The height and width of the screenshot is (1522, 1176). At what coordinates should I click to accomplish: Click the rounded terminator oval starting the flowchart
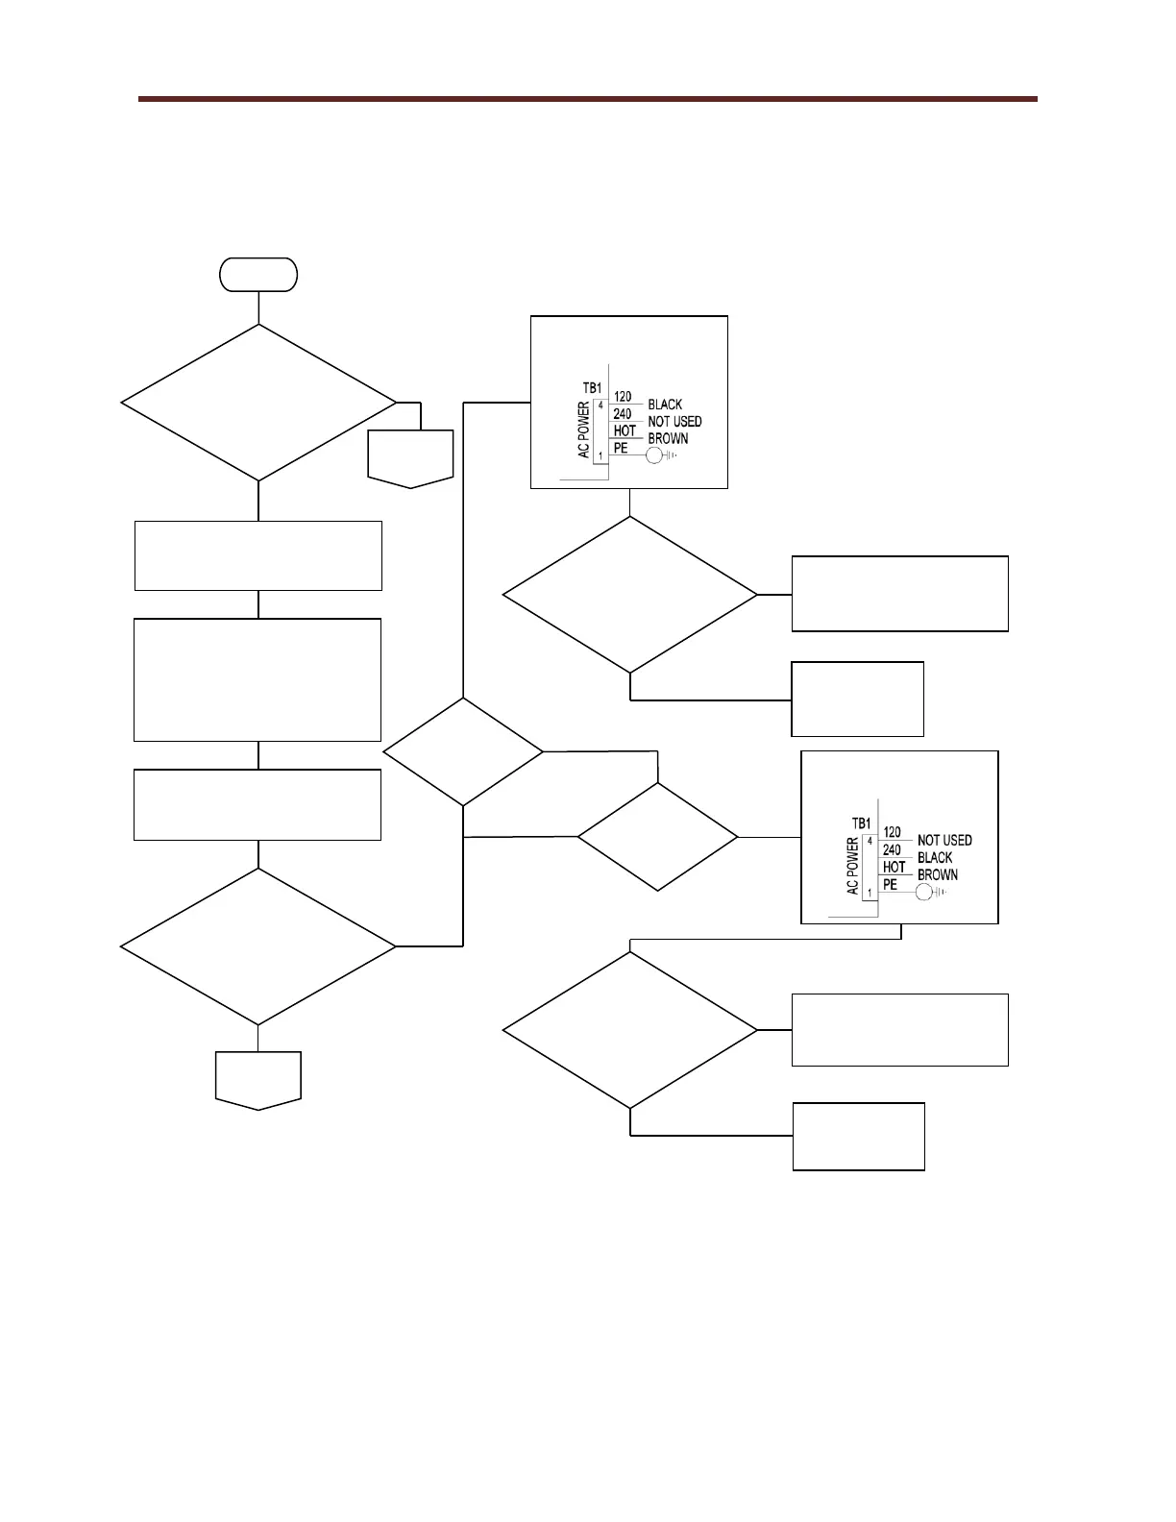(258, 275)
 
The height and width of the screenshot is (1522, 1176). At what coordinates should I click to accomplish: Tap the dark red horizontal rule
(587, 98)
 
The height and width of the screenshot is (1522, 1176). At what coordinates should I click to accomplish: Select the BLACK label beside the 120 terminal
(665, 405)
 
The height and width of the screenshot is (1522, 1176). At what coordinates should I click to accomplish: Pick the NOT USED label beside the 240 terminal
(674, 422)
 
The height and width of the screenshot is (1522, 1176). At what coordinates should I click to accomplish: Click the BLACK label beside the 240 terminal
(935, 857)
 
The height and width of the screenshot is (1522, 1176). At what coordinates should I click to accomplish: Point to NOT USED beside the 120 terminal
(944, 840)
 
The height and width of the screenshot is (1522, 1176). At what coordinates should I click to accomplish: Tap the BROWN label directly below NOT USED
(668, 439)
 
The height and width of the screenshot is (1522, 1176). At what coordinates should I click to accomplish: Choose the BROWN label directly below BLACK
(938, 874)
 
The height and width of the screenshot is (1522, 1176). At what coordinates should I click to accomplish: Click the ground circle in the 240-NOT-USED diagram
(654, 456)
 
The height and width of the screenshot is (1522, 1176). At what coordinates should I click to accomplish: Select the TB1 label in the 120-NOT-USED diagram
(861, 823)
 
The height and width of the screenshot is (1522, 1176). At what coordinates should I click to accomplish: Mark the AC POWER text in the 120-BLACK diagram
(584, 430)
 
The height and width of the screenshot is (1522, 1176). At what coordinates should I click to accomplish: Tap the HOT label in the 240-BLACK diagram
(894, 867)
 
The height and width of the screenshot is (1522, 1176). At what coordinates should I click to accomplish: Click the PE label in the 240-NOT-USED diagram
(620, 448)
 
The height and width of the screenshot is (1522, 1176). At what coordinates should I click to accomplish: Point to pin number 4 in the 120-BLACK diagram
(601, 405)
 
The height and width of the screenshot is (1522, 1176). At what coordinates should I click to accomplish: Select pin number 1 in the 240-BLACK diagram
(870, 893)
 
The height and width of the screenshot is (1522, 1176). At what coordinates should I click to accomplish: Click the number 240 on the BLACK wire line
(892, 849)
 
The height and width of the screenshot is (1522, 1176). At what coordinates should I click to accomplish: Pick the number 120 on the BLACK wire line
(623, 396)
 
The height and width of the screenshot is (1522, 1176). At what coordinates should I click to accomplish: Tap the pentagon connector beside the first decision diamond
(410, 458)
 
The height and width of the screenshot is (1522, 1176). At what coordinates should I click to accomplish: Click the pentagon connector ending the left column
(258, 1079)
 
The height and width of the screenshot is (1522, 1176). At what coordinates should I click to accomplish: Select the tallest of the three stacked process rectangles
(257, 679)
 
